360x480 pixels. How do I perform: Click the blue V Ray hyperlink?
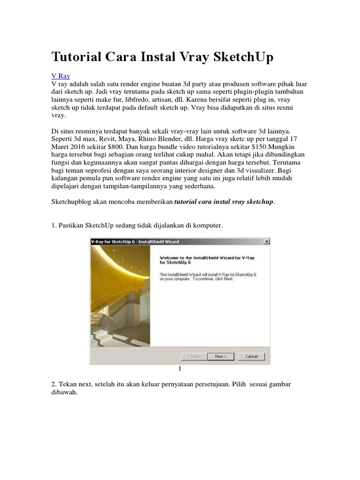coord(60,75)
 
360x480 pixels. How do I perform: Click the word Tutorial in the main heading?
coord(76,57)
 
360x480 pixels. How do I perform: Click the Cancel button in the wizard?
coord(251,356)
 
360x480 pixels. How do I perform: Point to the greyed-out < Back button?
coord(194,356)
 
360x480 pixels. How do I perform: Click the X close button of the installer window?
coord(267,241)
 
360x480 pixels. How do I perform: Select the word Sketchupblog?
coord(70,202)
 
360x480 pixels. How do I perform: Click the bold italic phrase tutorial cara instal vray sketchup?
coord(224,202)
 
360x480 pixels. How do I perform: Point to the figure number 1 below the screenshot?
coord(180,369)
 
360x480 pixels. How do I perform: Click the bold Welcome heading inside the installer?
coord(207,260)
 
